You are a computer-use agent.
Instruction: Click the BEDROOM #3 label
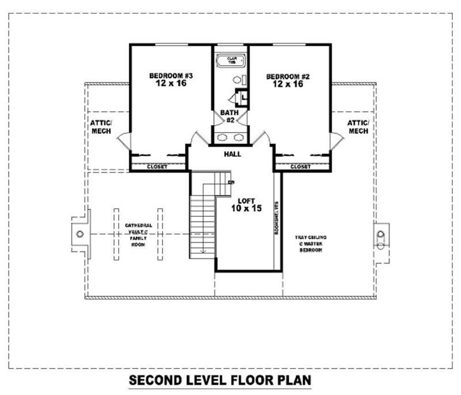171,76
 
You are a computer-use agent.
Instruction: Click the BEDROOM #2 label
288,76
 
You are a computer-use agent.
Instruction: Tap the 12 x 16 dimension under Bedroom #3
171,84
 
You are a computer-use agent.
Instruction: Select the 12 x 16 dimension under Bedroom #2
288,84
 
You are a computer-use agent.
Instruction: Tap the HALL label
232,154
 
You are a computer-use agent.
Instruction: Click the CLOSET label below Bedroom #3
157,167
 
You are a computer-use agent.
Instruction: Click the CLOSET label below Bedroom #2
300,167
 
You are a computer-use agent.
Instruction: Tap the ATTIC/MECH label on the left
101,127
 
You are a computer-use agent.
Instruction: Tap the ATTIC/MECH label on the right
358,127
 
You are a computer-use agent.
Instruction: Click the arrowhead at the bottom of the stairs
202,251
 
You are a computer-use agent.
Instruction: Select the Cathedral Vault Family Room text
138,235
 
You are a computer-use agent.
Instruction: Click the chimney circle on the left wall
80,234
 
